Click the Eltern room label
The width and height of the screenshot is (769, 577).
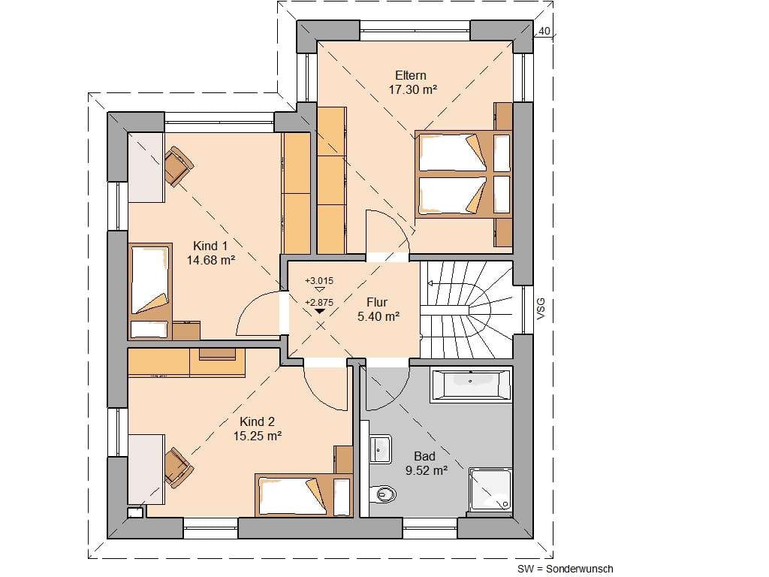pos(411,76)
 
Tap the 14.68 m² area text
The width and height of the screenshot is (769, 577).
pos(211,260)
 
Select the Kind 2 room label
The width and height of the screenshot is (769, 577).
pos(257,421)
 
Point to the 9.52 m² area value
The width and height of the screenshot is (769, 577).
pos(427,470)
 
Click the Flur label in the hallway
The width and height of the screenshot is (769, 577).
pos(377,302)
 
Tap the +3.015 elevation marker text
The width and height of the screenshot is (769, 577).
pos(319,281)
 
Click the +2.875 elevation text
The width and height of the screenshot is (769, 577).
pos(319,302)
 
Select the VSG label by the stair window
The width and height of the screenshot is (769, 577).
pos(541,309)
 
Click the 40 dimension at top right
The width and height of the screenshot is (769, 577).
pos(544,31)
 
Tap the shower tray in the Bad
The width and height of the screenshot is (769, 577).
pos(490,490)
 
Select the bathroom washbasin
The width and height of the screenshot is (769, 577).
pos(380,449)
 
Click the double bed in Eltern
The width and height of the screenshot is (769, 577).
pos(463,174)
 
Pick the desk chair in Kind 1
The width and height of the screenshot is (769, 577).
pos(179,166)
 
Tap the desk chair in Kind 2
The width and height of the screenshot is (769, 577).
pos(179,467)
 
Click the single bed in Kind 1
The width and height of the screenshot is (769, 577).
pos(150,291)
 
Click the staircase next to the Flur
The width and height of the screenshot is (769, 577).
pos(466,310)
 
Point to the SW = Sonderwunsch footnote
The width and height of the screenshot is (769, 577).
pos(565,569)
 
